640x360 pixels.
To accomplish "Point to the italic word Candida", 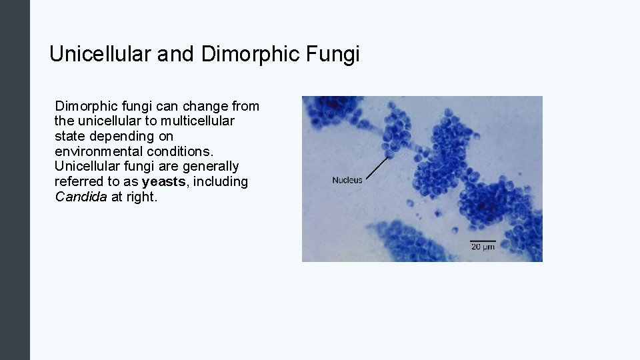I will pyautogui.click(x=81, y=197).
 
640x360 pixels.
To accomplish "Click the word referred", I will pyautogui.click(x=78, y=181).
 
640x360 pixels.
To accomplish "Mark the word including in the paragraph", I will pyautogui.click(x=220, y=181).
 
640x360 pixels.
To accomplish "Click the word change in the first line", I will pyautogui.click(x=205, y=106).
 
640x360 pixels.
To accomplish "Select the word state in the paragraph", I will pyautogui.click(x=68, y=136).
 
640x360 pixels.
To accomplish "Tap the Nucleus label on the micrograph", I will pyautogui.click(x=347, y=180).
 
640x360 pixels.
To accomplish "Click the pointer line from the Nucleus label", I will pyautogui.click(x=378, y=167).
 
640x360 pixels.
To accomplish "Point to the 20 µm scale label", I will pyautogui.click(x=483, y=247).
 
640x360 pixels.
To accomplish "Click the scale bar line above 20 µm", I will pyautogui.click(x=483, y=240).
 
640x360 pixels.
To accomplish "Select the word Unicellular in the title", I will pyautogui.click(x=100, y=54).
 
